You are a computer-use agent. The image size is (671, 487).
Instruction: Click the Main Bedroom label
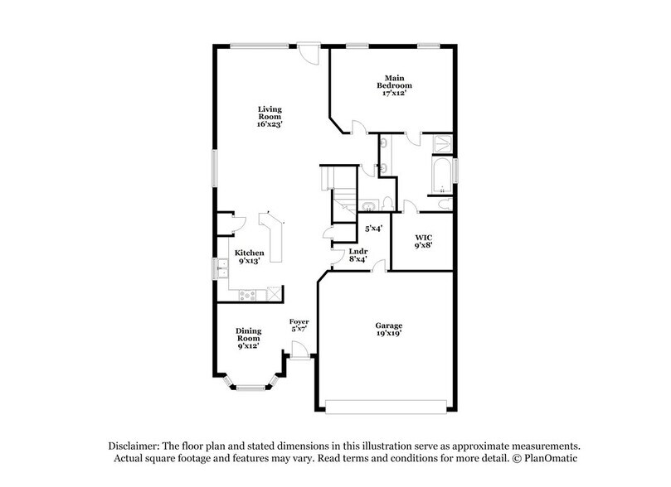[x=394, y=85]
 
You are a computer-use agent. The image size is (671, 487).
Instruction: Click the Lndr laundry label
[x=357, y=254]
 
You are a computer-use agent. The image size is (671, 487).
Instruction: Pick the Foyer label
[x=299, y=325]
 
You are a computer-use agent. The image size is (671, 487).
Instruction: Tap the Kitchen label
[x=249, y=257]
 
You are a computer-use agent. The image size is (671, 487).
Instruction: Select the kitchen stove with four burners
[x=248, y=295]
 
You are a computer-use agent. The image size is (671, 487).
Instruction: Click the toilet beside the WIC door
[x=442, y=204]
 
